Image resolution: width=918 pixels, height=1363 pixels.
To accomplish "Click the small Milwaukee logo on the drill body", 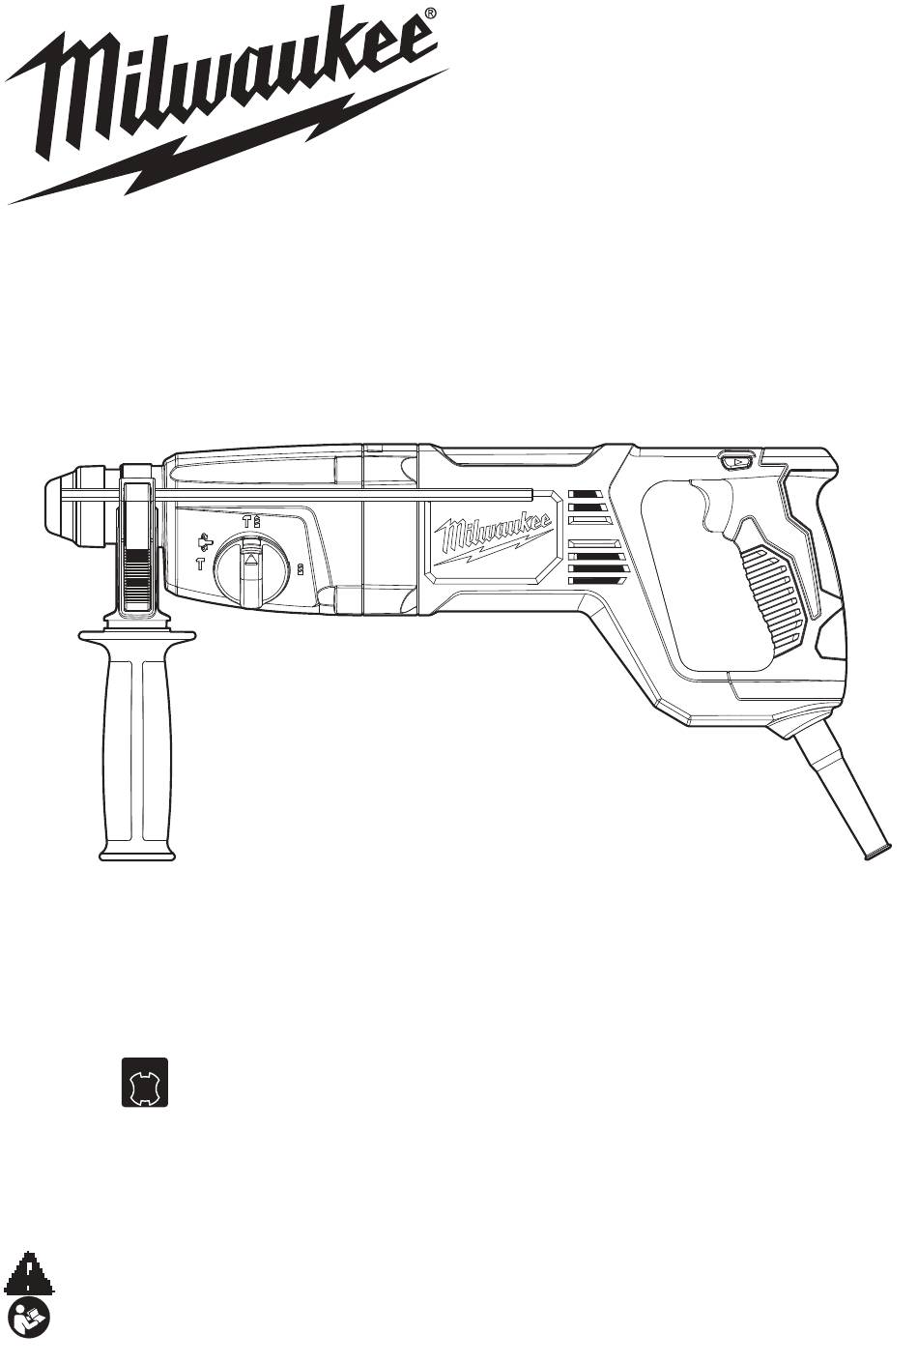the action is point(493,534).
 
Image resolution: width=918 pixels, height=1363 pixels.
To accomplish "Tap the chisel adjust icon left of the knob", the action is point(206,541).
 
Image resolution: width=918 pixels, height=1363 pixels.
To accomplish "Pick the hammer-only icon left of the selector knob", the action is point(199,564).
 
